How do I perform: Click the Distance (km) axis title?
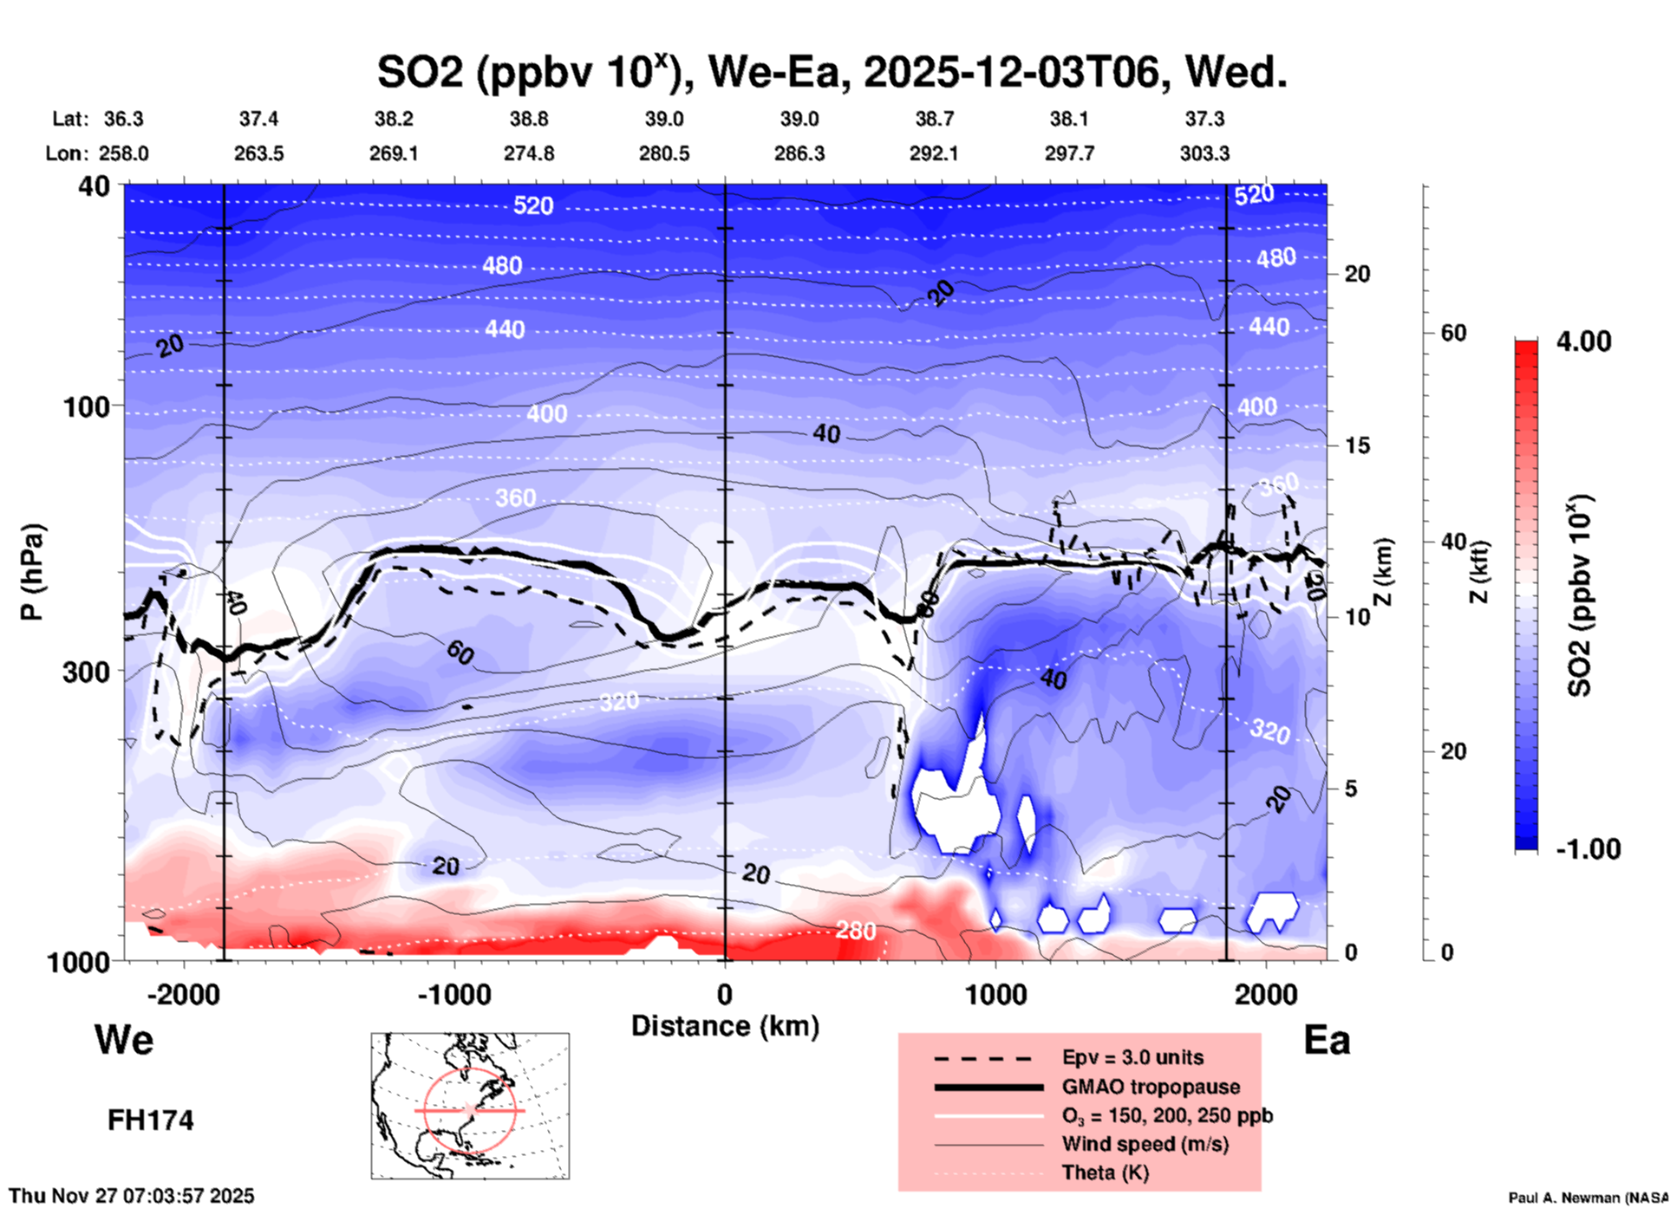point(725,1026)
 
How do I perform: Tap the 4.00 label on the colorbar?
point(1583,341)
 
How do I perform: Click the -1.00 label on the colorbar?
point(1588,848)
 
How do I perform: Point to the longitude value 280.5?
point(664,153)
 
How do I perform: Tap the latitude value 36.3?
point(123,119)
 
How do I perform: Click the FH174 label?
point(150,1120)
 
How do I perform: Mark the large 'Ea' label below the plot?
point(1327,1040)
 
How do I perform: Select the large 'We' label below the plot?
point(124,1039)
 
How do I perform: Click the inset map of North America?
point(470,1105)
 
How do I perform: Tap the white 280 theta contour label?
point(855,931)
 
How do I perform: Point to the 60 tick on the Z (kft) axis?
point(1453,333)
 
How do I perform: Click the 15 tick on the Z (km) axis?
point(1357,445)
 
